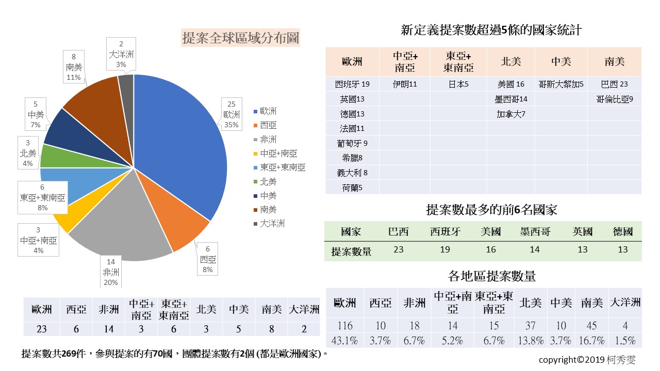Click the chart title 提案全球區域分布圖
pos(241,38)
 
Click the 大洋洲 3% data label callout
pos(121,54)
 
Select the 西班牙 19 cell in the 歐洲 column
pos(352,84)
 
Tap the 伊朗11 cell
pos(404,84)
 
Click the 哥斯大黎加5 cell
pos(561,84)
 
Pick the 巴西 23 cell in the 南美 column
pos(614,84)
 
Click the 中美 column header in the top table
pos(561,62)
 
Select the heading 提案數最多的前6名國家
pos(491,210)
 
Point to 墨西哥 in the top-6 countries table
pos(535,232)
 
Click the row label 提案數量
pos(351,251)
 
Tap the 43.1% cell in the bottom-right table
pos(344,341)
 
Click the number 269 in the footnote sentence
pos(69,355)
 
